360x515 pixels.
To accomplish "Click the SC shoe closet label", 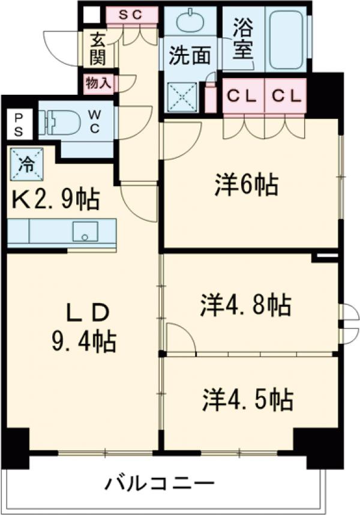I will (x=132, y=15).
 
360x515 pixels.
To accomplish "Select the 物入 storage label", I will (x=97, y=83).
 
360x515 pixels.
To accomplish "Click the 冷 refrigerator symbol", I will (x=25, y=162).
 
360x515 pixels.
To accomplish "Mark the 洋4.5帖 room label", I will (x=247, y=399).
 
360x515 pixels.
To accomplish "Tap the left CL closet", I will (x=242, y=94).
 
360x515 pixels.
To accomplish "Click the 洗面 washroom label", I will (x=189, y=55).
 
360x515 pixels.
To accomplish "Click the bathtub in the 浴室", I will (x=286, y=38).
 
